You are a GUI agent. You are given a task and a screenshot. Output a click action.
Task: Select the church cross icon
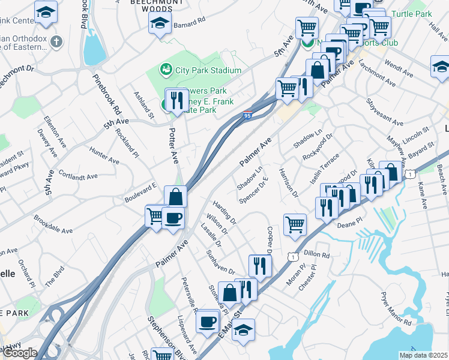[56, 42]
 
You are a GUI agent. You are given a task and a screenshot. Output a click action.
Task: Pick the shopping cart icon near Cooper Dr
[294, 224]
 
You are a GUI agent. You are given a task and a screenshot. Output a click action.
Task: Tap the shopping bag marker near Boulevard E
[175, 196]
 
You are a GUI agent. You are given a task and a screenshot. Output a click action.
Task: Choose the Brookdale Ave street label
[53, 225]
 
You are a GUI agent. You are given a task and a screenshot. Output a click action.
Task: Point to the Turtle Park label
[411, 13]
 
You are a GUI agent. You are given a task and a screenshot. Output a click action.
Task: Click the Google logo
[20, 353]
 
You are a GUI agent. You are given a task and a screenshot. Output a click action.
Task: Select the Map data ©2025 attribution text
[423, 355]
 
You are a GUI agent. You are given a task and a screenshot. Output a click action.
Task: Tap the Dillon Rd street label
[318, 254]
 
